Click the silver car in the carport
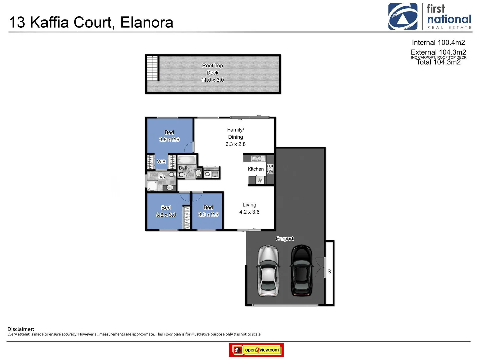(268, 271)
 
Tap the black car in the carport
(302, 271)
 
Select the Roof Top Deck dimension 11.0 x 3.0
(213, 80)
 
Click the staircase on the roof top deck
(152, 68)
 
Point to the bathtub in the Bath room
(186, 159)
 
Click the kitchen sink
(256, 158)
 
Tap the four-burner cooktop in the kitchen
(270, 169)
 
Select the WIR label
(161, 162)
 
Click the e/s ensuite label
(162, 177)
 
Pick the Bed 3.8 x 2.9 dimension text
(169, 140)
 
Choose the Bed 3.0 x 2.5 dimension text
(208, 215)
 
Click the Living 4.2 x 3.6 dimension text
(249, 212)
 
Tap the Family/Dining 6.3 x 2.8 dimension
(235, 144)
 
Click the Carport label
(284, 239)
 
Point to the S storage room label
(329, 272)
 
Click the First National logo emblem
(403, 17)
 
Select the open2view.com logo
(257, 350)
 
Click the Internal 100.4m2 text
(438, 43)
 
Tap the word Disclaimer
(21, 329)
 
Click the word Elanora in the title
(147, 23)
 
